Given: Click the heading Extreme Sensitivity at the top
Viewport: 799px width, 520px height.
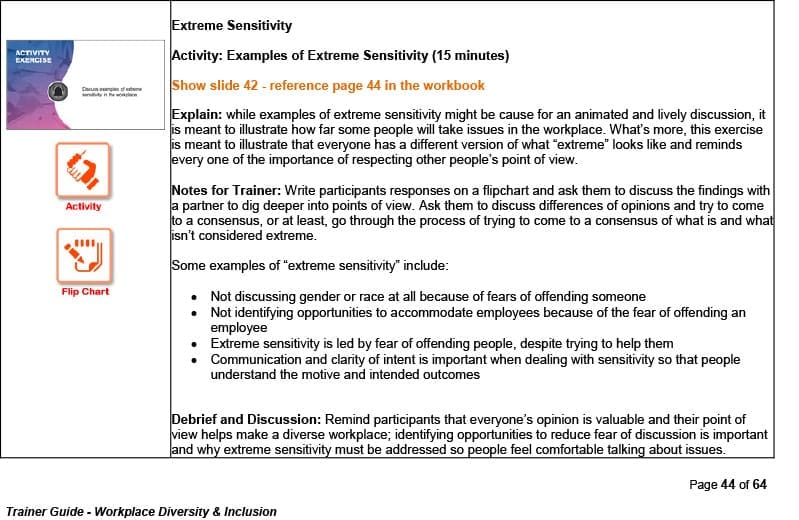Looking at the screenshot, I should pyautogui.click(x=232, y=25).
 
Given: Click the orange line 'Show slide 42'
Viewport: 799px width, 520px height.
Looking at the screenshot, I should pyautogui.click(x=328, y=86).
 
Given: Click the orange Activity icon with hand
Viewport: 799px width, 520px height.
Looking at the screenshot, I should pyautogui.click(x=83, y=171).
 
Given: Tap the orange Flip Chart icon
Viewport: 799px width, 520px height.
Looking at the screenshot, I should pyautogui.click(x=85, y=256).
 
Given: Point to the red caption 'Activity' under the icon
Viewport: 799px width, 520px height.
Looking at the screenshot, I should pyautogui.click(x=83, y=207).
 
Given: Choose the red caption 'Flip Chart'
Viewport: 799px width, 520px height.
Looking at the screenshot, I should pyautogui.click(x=85, y=292).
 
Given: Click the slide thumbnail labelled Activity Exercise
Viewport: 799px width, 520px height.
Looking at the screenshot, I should pyautogui.click(x=85, y=86).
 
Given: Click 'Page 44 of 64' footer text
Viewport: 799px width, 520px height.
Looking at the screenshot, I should pyautogui.click(x=728, y=485).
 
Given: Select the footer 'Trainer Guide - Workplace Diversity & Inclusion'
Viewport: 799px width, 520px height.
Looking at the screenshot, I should pyautogui.click(x=141, y=511).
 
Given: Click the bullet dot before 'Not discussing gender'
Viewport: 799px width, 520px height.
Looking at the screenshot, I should pyautogui.click(x=193, y=297).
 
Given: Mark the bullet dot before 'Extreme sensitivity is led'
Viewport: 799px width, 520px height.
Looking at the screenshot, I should pyautogui.click(x=193, y=344).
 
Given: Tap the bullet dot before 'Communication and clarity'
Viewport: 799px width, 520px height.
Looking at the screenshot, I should pyautogui.click(x=193, y=360).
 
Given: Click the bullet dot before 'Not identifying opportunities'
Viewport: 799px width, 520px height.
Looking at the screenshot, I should pyautogui.click(x=193, y=313).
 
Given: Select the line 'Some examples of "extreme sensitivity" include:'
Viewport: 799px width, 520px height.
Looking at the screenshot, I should pyautogui.click(x=310, y=266).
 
